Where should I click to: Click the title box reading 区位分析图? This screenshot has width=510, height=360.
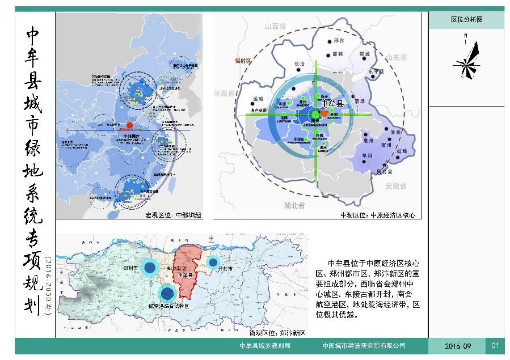(x=466, y=20)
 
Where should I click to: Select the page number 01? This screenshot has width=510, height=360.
(x=495, y=346)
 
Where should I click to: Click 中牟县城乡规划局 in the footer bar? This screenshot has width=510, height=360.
(x=265, y=346)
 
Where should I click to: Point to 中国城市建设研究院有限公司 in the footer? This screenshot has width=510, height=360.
(x=364, y=346)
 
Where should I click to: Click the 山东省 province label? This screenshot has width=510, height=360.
(x=397, y=58)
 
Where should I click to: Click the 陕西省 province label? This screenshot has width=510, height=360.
(x=225, y=94)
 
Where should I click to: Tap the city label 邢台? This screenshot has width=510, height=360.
(x=340, y=41)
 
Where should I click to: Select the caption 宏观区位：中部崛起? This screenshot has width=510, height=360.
(x=176, y=215)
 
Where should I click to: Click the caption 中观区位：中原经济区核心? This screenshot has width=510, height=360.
(x=378, y=215)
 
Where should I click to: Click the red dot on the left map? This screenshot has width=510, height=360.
(x=130, y=125)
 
